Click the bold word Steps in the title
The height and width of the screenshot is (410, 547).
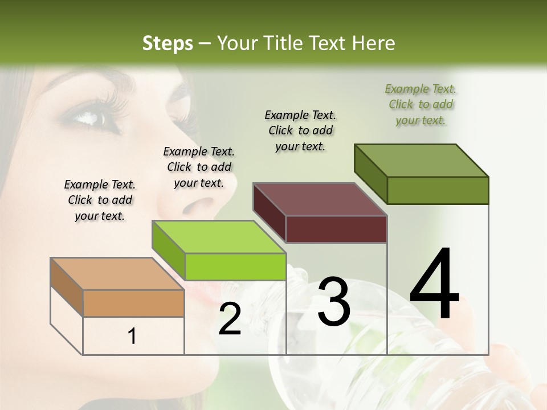(x=167, y=43)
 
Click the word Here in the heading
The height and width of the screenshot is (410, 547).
(x=374, y=43)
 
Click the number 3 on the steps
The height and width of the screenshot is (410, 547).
(x=333, y=301)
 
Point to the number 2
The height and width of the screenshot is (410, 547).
(x=230, y=318)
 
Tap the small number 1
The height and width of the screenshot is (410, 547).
(x=132, y=336)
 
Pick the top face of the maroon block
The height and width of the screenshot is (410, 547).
(x=320, y=199)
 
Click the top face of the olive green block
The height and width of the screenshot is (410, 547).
(x=422, y=161)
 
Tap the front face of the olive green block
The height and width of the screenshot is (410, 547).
(x=438, y=190)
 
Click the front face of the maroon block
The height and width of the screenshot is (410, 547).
(x=336, y=229)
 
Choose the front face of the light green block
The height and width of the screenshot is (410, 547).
(x=235, y=266)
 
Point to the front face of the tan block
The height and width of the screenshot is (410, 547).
(x=133, y=303)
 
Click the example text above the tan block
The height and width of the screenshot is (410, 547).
(x=100, y=200)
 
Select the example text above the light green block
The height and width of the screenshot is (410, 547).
(x=199, y=167)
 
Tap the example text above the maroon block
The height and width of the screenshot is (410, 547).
(x=300, y=130)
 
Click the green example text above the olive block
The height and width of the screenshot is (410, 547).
(x=421, y=104)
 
